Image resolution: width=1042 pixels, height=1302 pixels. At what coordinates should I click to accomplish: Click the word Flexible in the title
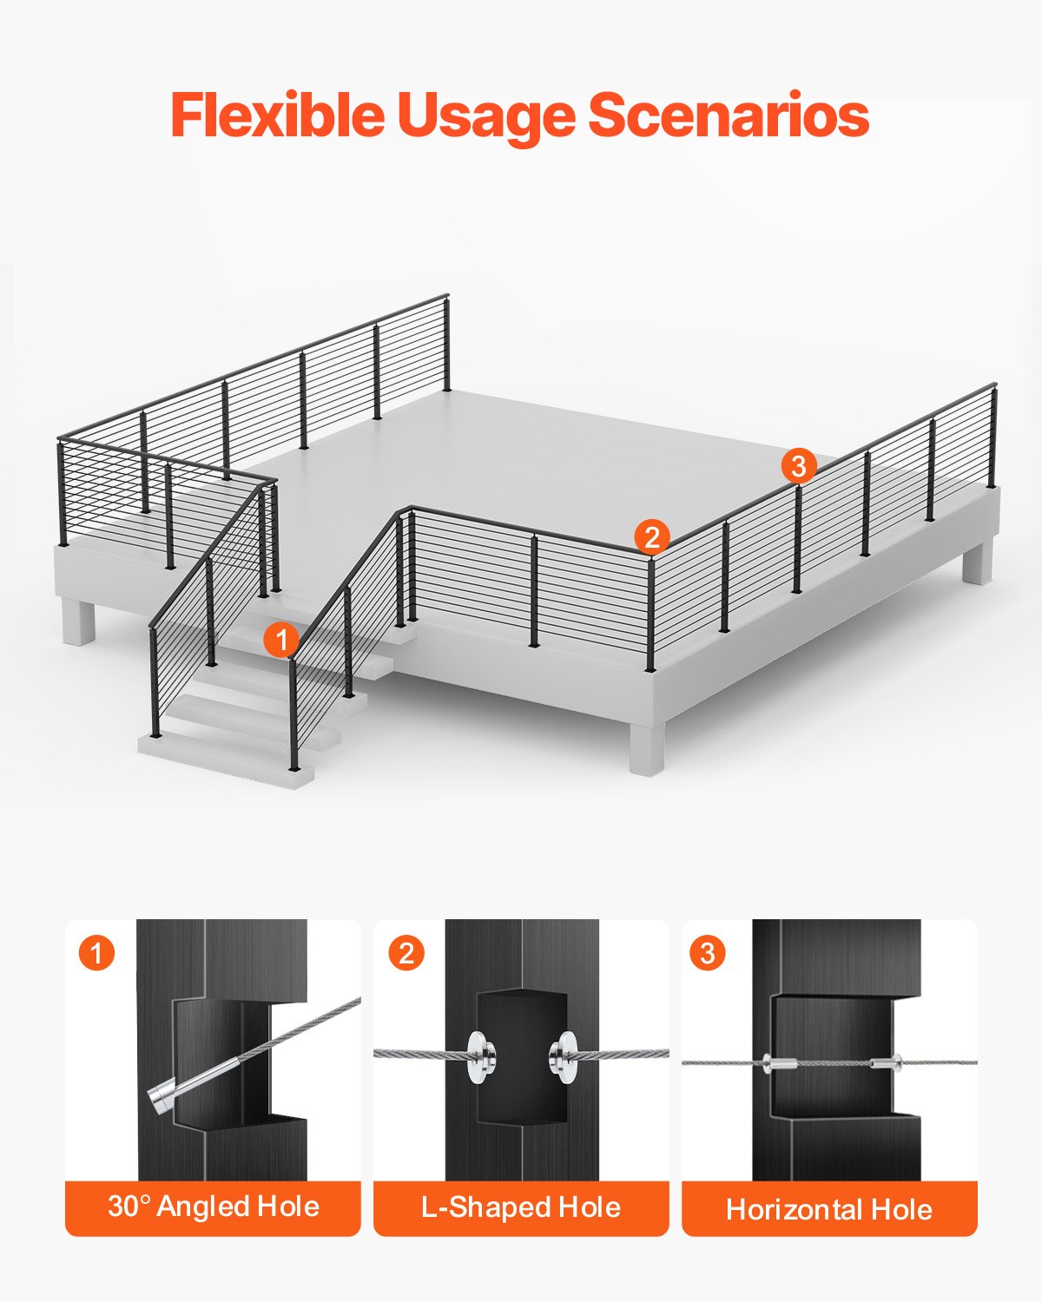276,115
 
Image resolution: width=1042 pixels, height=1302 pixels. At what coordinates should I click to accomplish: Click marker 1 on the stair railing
280,641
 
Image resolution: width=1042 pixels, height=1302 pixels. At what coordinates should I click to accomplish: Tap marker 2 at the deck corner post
651,536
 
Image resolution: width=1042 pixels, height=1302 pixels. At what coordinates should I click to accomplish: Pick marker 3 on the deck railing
798,466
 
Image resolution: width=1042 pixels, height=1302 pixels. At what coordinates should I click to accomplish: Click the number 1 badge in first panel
96,953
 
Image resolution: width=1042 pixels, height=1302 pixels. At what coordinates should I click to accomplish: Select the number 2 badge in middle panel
406,953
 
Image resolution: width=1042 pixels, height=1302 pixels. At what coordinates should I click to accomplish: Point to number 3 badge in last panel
708,953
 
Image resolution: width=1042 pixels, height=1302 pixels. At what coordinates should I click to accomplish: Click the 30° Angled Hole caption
213,1207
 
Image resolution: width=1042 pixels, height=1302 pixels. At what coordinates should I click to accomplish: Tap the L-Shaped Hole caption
521,1207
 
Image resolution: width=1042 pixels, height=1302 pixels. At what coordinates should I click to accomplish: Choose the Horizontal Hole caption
829,1209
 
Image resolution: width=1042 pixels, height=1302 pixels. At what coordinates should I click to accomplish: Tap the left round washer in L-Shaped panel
479,1055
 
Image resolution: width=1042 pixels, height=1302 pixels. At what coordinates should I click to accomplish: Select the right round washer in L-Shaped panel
564,1056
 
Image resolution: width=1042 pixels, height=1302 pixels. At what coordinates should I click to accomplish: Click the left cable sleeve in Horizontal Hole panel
780,1062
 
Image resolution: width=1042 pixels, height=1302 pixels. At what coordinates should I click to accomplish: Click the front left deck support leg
78,621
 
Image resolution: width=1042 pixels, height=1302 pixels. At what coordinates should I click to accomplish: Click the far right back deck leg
976,562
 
